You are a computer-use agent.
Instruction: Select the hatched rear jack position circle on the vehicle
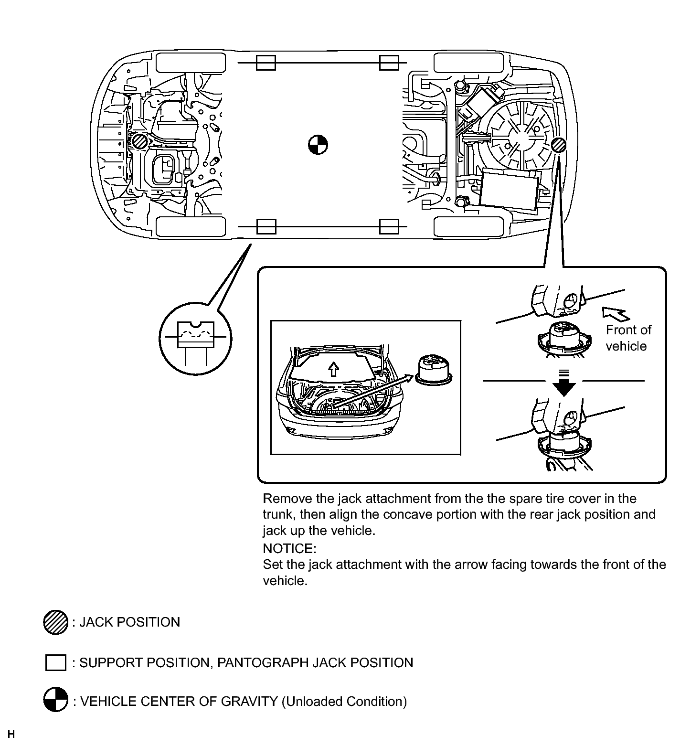pyautogui.click(x=558, y=145)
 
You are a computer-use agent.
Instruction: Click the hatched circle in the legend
pyautogui.click(x=55, y=622)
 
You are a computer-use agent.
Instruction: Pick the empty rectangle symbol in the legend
pyautogui.click(x=55, y=663)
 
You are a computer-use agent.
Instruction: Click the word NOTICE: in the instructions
pyautogui.click(x=289, y=548)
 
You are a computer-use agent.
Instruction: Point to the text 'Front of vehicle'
pyautogui.click(x=628, y=338)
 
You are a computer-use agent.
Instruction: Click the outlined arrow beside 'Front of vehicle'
pyautogui.click(x=616, y=313)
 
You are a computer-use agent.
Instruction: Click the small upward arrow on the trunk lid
pyautogui.click(x=333, y=368)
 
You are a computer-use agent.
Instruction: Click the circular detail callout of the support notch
pyautogui.click(x=195, y=340)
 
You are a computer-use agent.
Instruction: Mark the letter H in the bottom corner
pyautogui.click(x=11, y=734)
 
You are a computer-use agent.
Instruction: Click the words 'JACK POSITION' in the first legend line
pyautogui.click(x=129, y=622)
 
